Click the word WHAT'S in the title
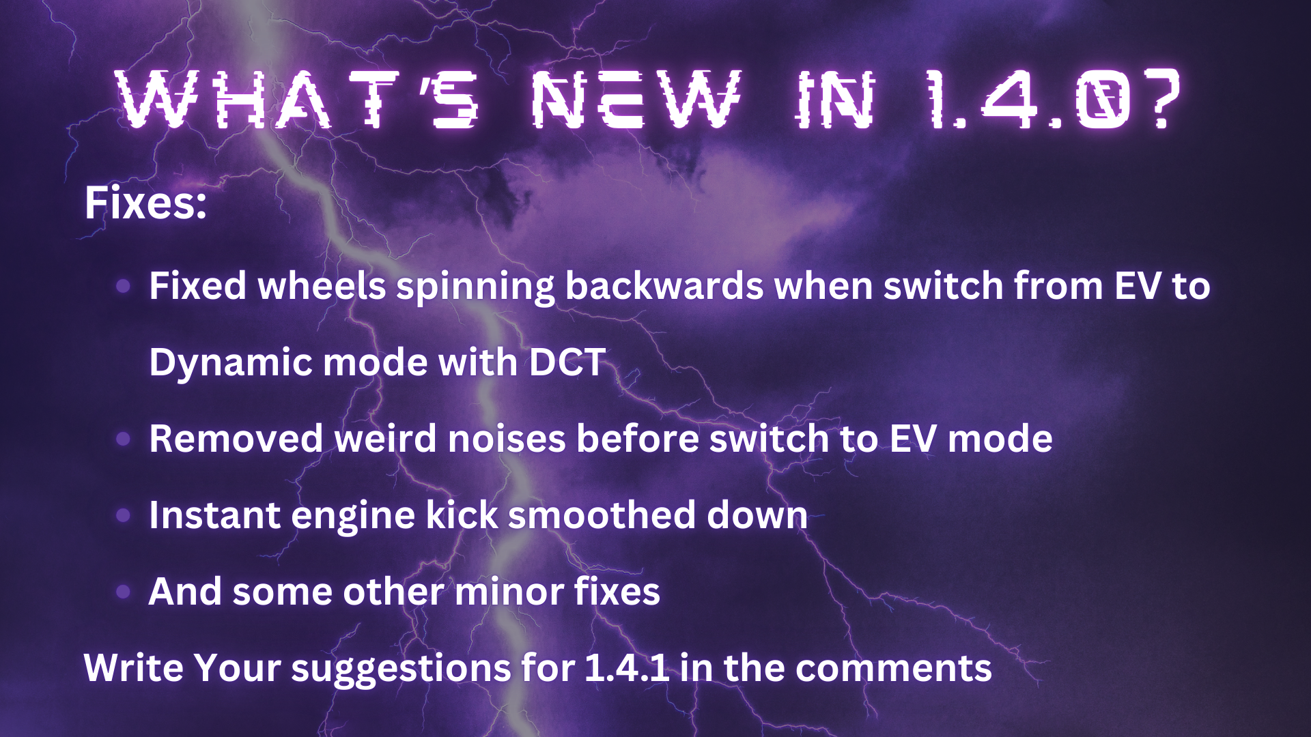click(298, 100)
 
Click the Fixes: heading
click(145, 203)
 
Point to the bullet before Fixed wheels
click(124, 286)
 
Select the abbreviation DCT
click(567, 362)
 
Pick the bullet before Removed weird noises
click(124, 439)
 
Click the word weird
click(385, 438)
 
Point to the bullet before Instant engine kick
click(124, 515)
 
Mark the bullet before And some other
click(124, 592)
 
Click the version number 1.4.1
click(627, 667)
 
